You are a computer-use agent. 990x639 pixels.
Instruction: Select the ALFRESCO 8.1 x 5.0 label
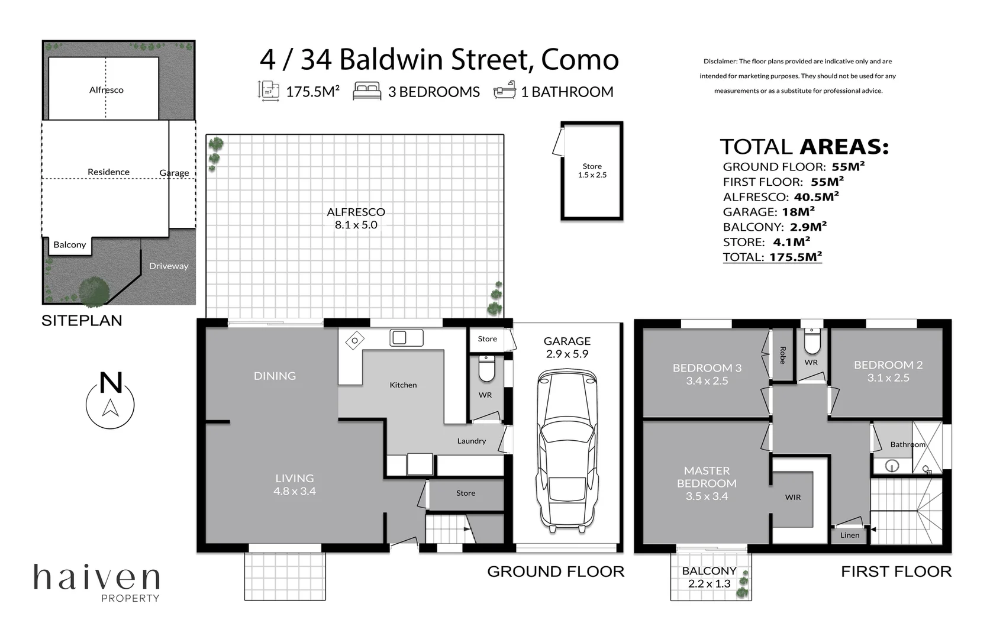click(x=356, y=218)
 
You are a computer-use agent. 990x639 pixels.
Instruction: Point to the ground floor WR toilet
click(x=486, y=369)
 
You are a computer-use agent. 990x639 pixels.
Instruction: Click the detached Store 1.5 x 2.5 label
click(x=592, y=170)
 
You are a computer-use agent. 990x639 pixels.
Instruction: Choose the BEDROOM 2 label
click(x=888, y=371)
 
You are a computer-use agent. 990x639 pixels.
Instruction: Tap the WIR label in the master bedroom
click(x=792, y=497)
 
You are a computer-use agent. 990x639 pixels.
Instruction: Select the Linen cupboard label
click(x=849, y=535)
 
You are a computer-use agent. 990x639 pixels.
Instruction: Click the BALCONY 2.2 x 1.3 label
click(x=709, y=577)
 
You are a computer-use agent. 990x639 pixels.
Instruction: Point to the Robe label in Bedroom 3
click(x=782, y=355)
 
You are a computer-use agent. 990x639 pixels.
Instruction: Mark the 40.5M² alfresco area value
click(x=816, y=196)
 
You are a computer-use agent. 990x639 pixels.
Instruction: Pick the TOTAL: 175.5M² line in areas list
click(x=772, y=257)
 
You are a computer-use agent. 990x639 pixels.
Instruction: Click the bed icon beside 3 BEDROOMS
click(x=367, y=91)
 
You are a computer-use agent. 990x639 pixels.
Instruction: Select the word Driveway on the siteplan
click(x=169, y=266)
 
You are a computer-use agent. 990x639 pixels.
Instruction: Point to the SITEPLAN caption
click(x=82, y=321)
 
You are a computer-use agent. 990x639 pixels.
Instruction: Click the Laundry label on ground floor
click(x=471, y=441)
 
